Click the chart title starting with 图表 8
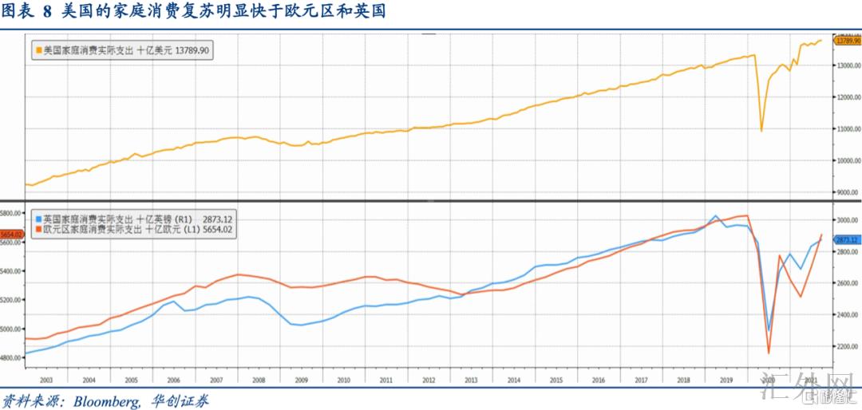[x=195, y=12]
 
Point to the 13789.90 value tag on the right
[x=845, y=41]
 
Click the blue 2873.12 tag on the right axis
[x=845, y=239]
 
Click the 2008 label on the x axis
[x=259, y=381]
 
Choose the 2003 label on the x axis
[x=46, y=381]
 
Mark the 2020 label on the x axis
[x=770, y=381]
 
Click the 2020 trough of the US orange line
[x=761, y=132]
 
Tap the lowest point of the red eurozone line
[x=769, y=353]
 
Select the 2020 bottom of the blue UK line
[x=769, y=330]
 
